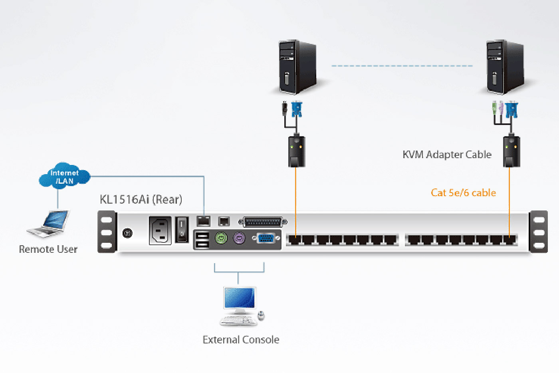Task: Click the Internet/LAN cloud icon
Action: pyautogui.click(x=64, y=176)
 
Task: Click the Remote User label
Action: pyautogui.click(x=48, y=249)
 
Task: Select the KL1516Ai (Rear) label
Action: pyautogui.click(x=141, y=199)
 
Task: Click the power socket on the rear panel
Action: pyautogui.click(x=160, y=230)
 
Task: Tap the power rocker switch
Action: pyautogui.click(x=182, y=230)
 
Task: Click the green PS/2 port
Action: pyautogui.click(x=221, y=238)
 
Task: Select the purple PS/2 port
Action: pyautogui.click(x=239, y=239)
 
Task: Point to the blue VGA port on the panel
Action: pyautogui.click(x=265, y=238)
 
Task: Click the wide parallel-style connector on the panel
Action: pyautogui.click(x=263, y=222)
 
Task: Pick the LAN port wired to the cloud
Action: pyautogui.click(x=204, y=221)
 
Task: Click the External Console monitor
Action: pyautogui.click(x=240, y=298)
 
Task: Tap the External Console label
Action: pyautogui.click(x=241, y=340)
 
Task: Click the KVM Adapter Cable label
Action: pyautogui.click(x=447, y=155)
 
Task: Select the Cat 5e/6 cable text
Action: pyautogui.click(x=463, y=193)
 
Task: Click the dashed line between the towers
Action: pyautogui.click(x=402, y=66)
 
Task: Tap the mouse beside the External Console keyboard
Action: pyautogui.click(x=261, y=316)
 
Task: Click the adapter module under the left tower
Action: pyautogui.click(x=296, y=151)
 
